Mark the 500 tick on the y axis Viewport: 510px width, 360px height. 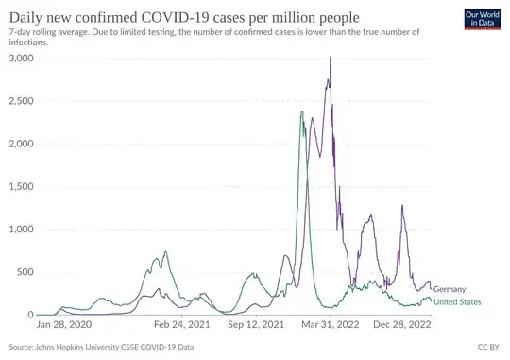click(x=25, y=272)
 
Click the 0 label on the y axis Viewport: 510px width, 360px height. click(x=30, y=315)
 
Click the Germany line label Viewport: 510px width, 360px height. click(x=452, y=289)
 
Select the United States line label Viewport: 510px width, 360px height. click(x=458, y=302)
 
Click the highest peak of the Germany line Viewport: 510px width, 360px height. click(x=330, y=58)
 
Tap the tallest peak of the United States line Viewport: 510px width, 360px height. click(x=301, y=111)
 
